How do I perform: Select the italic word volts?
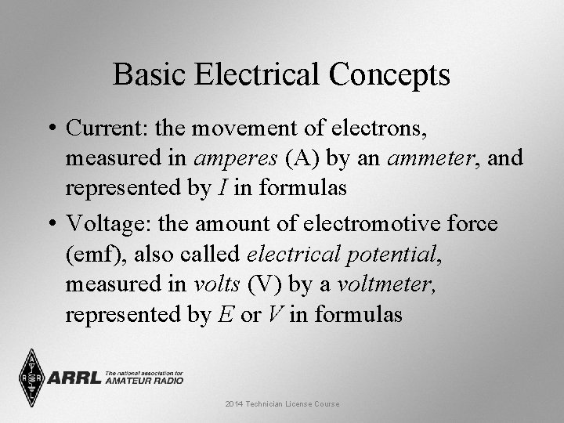tap(216, 285)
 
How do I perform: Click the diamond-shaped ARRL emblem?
tap(31, 378)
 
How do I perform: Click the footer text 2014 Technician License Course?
tap(282, 403)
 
